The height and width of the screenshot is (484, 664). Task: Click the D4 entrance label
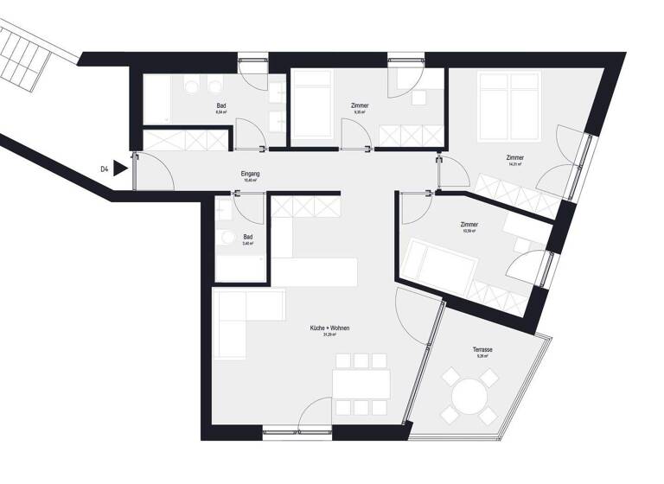(105, 169)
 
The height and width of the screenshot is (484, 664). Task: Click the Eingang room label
(251, 175)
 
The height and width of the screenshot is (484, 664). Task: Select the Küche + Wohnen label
(329, 329)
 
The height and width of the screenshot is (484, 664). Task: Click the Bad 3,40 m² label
(248, 236)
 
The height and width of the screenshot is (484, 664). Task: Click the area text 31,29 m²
(329, 336)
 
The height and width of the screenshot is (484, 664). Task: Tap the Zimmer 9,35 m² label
(360, 105)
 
